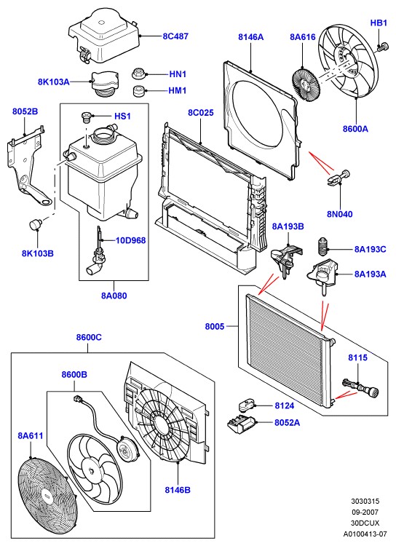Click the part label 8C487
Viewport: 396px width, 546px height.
point(175,36)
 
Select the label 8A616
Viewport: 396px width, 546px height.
point(303,37)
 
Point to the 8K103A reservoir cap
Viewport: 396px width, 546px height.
point(104,84)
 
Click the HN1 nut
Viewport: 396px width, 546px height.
point(138,74)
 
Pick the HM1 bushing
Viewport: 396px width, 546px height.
point(139,90)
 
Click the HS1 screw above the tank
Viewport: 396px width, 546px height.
point(85,117)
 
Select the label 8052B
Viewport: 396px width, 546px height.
point(25,111)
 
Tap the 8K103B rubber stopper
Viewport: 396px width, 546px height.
point(36,223)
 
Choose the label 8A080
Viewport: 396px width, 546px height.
point(114,296)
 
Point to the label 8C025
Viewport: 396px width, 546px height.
point(201,112)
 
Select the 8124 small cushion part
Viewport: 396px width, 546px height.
point(247,405)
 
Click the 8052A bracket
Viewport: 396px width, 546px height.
point(242,424)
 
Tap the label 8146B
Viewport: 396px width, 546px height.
point(178,490)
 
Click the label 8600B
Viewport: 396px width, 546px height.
point(74,374)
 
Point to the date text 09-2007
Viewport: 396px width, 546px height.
point(365,512)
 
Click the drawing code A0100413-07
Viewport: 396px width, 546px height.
point(365,534)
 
